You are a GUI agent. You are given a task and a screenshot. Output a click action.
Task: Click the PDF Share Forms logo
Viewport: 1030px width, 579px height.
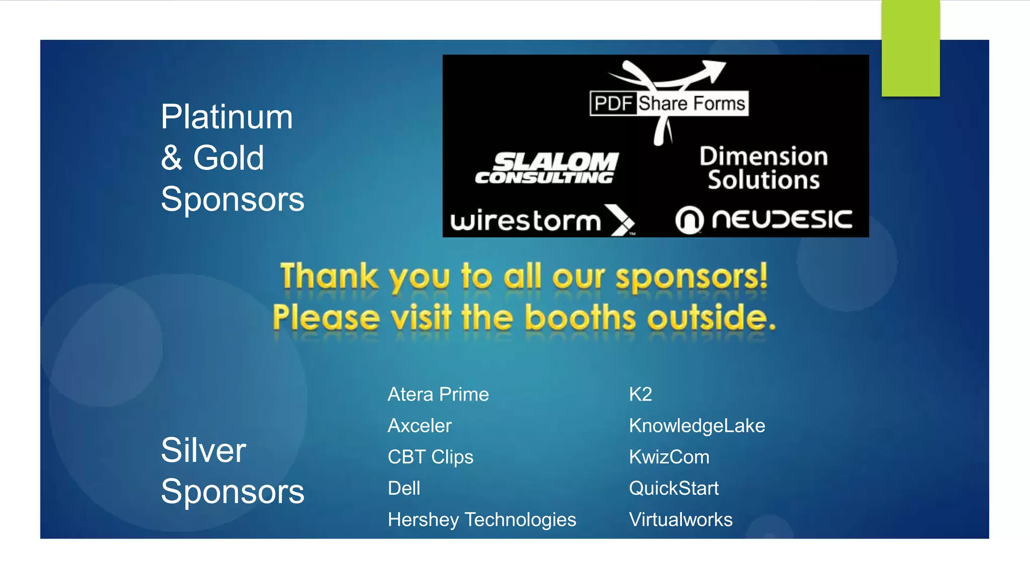pyautogui.click(x=668, y=103)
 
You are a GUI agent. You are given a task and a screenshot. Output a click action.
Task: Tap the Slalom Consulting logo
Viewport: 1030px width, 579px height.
pyautogui.click(x=547, y=168)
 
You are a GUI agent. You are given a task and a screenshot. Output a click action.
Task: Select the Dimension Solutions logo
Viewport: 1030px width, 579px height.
pyautogui.click(x=763, y=168)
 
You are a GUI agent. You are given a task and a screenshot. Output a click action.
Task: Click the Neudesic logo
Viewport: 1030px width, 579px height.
pyautogui.click(x=764, y=220)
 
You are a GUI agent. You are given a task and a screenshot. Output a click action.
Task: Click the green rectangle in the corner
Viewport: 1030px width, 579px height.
pyautogui.click(x=910, y=48)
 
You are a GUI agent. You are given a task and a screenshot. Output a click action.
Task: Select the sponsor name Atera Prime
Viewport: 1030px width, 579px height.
pyautogui.click(x=438, y=395)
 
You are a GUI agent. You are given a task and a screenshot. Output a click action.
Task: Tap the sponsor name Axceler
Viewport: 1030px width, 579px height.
pyautogui.click(x=419, y=426)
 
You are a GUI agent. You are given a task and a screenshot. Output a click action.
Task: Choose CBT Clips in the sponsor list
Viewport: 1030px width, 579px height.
pyautogui.click(x=431, y=457)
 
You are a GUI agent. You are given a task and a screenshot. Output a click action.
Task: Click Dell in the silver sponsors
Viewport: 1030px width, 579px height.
pyautogui.click(x=404, y=488)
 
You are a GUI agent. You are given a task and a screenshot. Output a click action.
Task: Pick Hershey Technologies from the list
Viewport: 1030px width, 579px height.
pyautogui.click(x=482, y=519)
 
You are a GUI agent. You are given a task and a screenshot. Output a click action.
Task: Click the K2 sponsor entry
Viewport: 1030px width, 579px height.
pyautogui.click(x=640, y=395)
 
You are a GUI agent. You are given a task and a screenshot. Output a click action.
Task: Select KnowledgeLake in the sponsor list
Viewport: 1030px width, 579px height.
pyautogui.click(x=697, y=426)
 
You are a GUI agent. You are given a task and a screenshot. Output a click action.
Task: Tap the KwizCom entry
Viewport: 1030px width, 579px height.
pyautogui.click(x=669, y=457)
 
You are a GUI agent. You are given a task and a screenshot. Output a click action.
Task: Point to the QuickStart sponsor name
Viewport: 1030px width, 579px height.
pyautogui.click(x=673, y=488)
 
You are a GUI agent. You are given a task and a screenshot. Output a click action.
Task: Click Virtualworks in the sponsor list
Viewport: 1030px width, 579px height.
pyautogui.click(x=680, y=519)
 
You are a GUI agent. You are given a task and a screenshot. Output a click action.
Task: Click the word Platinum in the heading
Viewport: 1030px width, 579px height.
pyautogui.click(x=227, y=117)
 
